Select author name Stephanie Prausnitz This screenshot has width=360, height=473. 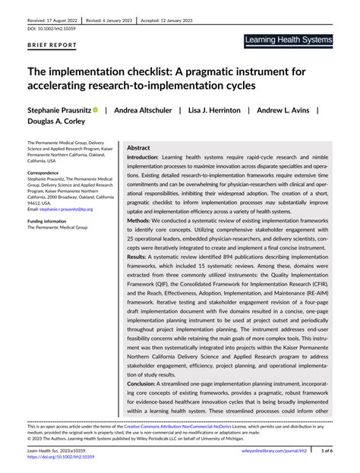point(59,110)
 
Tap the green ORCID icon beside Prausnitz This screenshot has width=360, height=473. point(96,110)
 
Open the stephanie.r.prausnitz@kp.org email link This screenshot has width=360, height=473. point(66,208)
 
